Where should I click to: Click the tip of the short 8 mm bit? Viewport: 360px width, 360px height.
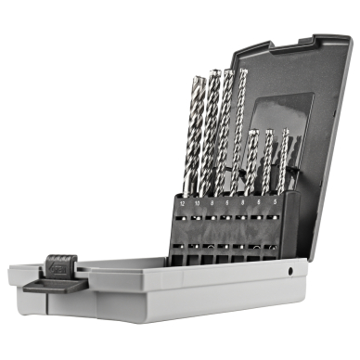[252, 132]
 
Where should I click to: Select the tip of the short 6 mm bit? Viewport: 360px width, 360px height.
[268, 131]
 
